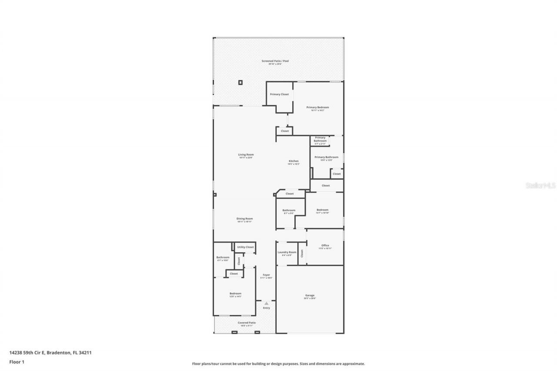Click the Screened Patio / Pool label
275,61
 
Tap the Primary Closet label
279,94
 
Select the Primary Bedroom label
318,107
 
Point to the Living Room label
246,155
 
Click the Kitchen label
294,161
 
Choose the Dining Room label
245,219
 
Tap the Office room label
325,245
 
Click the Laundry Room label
287,252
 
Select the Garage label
310,296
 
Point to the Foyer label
266,275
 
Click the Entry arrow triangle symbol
266,303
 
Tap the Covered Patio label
247,323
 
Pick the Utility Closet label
245,247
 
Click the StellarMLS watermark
541,185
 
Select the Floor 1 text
17,361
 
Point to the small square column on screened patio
240,82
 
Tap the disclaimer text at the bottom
278,364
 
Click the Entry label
266,308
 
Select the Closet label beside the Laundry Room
302,254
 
